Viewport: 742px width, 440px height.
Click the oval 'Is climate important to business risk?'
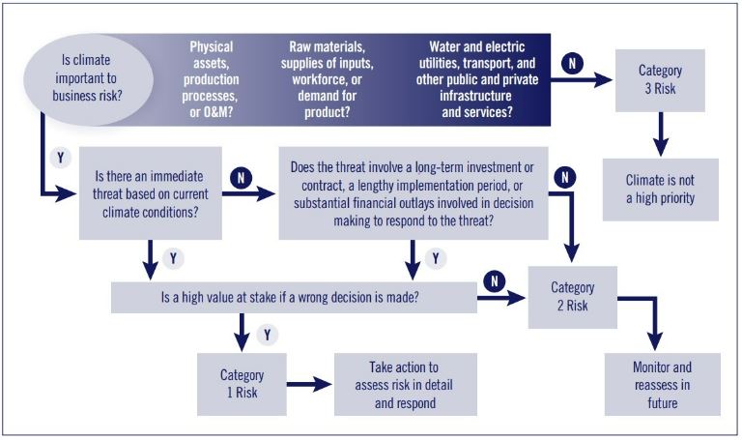pos(88,79)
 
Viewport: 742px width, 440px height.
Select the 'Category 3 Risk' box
pos(660,80)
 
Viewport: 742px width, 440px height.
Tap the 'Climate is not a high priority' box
pos(660,190)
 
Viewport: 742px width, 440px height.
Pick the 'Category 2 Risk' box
pos(572,297)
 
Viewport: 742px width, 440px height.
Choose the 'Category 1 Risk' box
pos(242,384)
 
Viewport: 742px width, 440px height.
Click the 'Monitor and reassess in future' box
pos(662,384)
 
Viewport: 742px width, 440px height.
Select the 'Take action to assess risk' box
pos(406,384)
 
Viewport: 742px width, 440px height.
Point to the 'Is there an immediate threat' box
pos(150,193)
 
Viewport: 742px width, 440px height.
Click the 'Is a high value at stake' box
pos(294,298)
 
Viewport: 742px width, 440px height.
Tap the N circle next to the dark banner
pos(572,63)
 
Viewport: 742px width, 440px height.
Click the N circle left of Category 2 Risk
pos(494,281)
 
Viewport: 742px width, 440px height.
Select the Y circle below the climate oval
pos(60,158)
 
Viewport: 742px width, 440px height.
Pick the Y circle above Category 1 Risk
pos(268,335)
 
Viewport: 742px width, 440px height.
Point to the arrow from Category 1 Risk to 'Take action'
pos(309,384)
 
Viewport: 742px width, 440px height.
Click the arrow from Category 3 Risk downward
pos(660,134)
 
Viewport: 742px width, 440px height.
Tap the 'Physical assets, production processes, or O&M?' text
pos(211,79)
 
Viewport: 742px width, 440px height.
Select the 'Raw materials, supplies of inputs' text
pos(327,79)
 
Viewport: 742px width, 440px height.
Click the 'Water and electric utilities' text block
pos(477,79)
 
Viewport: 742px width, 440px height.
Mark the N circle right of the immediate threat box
pos(241,178)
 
